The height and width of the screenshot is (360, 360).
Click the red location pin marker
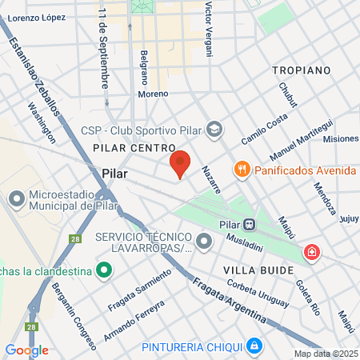point(180,163)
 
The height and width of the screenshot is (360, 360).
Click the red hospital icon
point(311,254)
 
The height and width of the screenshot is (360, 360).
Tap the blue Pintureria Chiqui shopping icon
point(254,346)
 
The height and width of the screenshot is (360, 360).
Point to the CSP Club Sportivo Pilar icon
point(214,129)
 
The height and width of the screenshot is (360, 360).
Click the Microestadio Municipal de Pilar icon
point(16,198)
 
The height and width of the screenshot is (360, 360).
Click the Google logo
point(26,350)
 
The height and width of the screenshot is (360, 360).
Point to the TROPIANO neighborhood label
point(301,70)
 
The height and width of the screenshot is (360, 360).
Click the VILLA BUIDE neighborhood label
point(258,270)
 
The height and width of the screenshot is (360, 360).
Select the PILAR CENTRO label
point(134,148)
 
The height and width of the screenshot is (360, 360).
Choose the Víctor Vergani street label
point(210,28)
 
